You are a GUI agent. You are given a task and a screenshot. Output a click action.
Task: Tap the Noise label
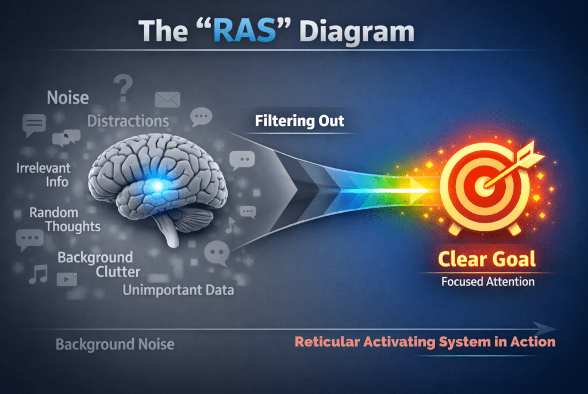click(68, 97)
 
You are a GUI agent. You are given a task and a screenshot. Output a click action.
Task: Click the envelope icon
click(167, 99)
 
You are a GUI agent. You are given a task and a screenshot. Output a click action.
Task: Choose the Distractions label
click(128, 121)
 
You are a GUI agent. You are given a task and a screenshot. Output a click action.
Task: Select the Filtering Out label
click(299, 121)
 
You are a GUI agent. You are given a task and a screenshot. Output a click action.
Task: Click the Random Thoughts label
click(64, 219)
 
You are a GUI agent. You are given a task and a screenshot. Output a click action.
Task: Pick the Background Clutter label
click(96, 263)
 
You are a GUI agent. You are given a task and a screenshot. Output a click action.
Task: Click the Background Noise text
click(115, 344)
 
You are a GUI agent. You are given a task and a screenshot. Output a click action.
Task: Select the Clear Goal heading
click(487, 259)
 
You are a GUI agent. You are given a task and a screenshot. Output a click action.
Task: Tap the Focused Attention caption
click(487, 282)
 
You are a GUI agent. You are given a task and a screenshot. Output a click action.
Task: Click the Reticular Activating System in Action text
click(425, 342)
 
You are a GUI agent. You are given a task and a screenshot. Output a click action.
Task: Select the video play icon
click(67, 279)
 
